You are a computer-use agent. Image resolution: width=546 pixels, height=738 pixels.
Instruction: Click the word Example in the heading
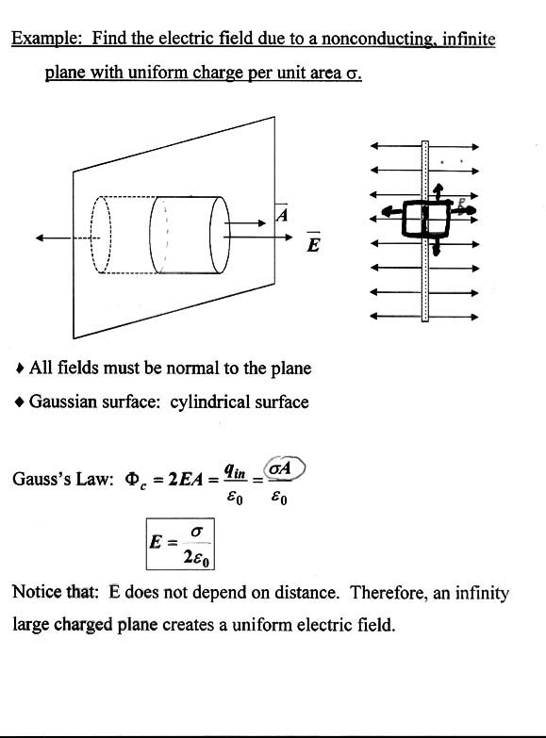pyautogui.click(x=46, y=39)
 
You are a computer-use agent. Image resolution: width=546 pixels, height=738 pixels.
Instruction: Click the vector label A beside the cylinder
pyautogui.click(x=282, y=213)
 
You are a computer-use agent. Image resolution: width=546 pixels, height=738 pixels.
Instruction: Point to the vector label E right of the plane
pyautogui.click(x=313, y=243)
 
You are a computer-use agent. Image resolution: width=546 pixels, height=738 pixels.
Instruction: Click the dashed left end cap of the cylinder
pyautogui.click(x=100, y=235)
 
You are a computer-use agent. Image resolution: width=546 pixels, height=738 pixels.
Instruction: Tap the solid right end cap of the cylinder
pyautogui.click(x=220, y=235)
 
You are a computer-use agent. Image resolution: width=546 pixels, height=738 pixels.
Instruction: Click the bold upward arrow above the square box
pyautogui.click(x=438, y=192)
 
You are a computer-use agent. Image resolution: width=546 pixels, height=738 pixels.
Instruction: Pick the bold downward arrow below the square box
pyautogui.click(x=437, y=245)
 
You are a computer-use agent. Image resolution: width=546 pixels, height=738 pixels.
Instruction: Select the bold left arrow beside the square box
pyautogui.click(x=392, y=212)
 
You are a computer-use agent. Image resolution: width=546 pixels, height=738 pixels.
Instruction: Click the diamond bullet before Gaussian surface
pyautogui.click(x=19, y=402)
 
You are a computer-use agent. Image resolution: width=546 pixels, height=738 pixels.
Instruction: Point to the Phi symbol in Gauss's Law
pyautogui.click(x=131, y=479)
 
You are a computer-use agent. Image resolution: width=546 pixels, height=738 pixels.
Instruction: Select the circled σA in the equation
pyautogui.click(x=285, y=468)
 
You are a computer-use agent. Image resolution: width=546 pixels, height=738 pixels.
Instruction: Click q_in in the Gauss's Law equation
pyautogui.click(x=235, y=470)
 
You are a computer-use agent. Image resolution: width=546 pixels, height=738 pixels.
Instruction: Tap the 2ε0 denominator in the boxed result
pyautogui.click(x=197, y=559)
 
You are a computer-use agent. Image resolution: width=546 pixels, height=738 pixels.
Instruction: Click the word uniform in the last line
pyautogui.click(x=261, y=625)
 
